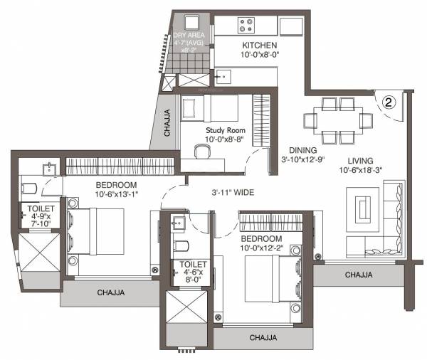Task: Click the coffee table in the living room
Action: (363, 208)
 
